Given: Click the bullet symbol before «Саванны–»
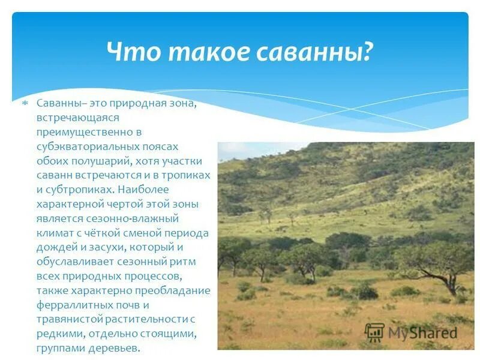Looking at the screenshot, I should (25, 104).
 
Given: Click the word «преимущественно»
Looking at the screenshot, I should (77, 132).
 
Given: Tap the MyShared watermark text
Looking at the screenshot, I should (422, 333).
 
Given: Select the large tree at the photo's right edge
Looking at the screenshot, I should (439, 261).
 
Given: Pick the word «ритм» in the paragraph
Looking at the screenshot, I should (184, 262).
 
